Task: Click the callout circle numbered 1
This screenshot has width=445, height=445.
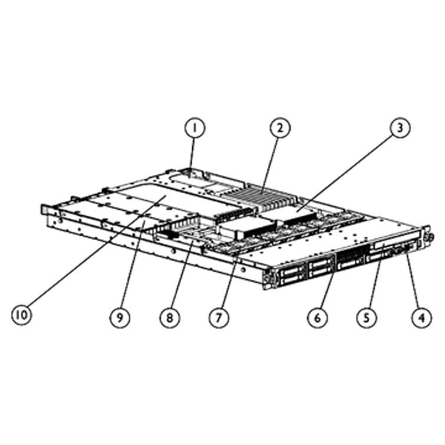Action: [195, 127]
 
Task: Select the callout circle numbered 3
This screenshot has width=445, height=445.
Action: [400, 128]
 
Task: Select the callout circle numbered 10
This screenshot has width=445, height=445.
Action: [21, 314]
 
